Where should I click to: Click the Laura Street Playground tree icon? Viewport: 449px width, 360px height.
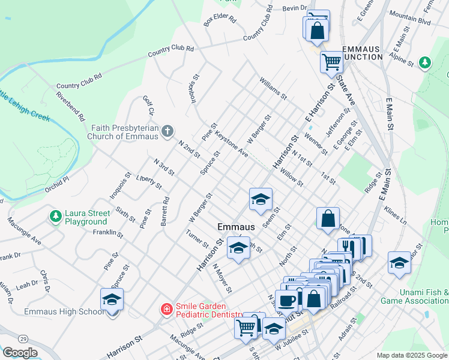pos(55,216)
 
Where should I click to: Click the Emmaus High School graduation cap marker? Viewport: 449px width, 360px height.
pos(112,299)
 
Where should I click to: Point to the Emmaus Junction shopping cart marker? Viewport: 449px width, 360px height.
pos(331,61)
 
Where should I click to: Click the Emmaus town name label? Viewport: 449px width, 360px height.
pos(236,227)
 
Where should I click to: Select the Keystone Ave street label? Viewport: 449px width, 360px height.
pos(231,145)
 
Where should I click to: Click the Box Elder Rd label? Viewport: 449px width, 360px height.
pos(220,19)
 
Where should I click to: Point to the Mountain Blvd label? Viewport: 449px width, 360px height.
pos(410,20)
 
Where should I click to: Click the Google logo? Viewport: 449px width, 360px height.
pos(19,353)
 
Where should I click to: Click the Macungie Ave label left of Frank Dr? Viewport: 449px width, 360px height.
pos(23,232)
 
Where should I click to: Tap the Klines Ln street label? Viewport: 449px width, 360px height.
pos(396,217)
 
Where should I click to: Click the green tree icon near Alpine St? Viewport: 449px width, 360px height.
pos(425,62)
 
